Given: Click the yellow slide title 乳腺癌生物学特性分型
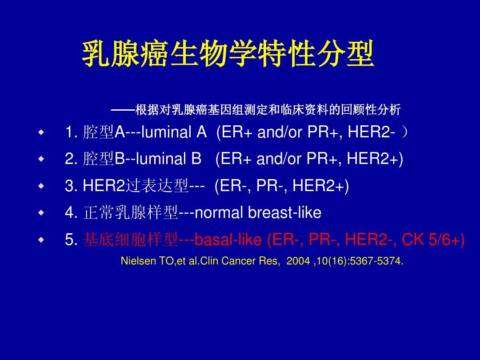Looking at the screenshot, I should (x=228, y=55).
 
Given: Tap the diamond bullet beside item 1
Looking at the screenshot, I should (x=41, y=132).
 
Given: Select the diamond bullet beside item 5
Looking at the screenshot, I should (x=41, y=240).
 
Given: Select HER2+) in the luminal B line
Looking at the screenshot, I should (x=375, y=159).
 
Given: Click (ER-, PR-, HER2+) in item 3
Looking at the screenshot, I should (x=282, y=186).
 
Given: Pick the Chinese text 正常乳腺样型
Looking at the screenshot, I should (x=131, y=213).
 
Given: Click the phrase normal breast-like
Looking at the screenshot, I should (x=258, y=213).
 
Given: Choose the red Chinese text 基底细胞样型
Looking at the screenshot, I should (x=131, y=240).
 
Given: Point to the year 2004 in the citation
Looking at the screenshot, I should (x=298, y=261).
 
